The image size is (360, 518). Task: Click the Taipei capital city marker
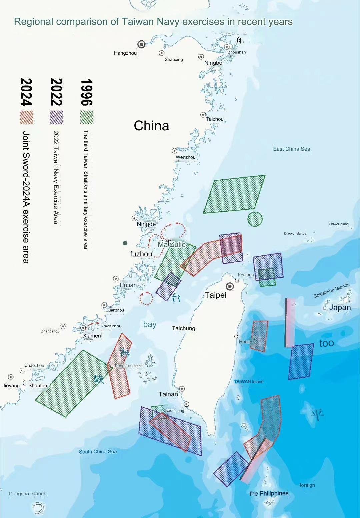230,286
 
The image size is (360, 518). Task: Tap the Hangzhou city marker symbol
141,44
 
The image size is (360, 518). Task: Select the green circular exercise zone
255,219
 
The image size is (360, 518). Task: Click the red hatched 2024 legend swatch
27,117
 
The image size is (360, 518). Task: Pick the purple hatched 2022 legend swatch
57,117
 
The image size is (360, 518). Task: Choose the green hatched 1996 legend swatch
87,117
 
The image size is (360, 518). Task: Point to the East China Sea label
291,149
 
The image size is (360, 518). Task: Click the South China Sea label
98,452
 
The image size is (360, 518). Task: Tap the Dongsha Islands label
28,494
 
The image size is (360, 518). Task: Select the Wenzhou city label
186,157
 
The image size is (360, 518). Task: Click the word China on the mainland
151,126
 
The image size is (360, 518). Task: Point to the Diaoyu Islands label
295,233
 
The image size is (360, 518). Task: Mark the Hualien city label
247,342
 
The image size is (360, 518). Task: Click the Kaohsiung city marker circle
186,404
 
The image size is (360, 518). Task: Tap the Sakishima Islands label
331,290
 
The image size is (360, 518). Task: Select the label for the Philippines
269,493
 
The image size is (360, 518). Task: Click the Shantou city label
38,385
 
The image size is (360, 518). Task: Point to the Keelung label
246,275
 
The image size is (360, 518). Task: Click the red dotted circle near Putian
146,298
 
